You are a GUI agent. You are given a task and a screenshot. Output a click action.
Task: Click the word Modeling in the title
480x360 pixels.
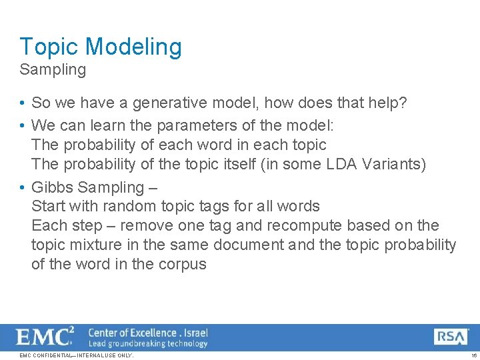(x=133, y=47)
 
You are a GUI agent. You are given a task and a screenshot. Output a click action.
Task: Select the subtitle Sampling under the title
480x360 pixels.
(x=53, y=70)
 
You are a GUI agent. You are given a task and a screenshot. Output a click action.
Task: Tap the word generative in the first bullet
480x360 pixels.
(x=169, y=103)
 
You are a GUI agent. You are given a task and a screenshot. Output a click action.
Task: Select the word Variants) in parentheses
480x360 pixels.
(x=395, y=164)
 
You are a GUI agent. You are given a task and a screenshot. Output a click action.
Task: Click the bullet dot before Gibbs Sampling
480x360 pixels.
(x=23, y=188)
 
